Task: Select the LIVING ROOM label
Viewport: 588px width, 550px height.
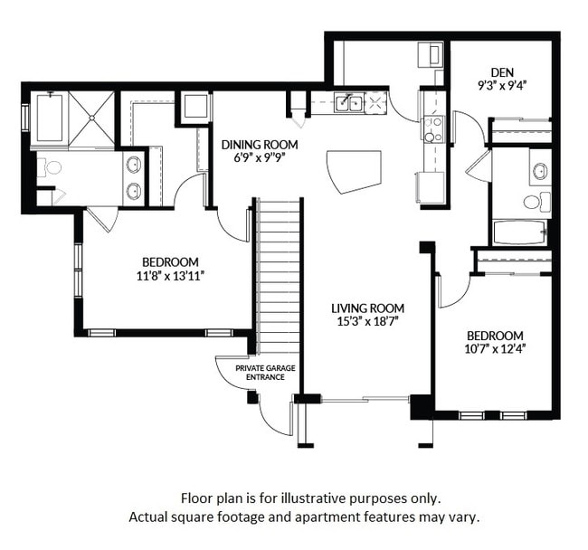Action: (x=366, y=308)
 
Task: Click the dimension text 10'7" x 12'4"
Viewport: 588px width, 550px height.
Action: (x=495, y=349)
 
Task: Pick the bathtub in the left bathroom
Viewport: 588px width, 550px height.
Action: (x=49, y=119)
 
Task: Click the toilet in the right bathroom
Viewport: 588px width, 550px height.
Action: (x=541, y=201)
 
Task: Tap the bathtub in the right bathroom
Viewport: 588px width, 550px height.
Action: (x=520, y=232)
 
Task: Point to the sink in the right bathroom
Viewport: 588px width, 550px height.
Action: (x=540, y=169)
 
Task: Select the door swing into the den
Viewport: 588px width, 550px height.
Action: (x=469, y=127)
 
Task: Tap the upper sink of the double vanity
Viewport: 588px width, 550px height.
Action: (x=134, y=164)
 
